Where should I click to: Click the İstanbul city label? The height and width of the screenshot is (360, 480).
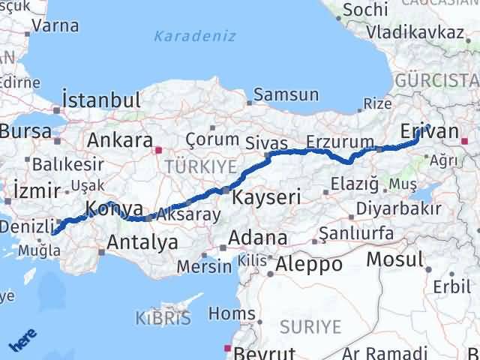102,100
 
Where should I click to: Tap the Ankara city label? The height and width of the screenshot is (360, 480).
120,140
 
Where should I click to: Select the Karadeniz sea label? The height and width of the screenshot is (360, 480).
194,36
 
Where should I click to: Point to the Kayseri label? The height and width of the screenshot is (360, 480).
266,198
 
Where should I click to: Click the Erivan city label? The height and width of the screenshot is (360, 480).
429,131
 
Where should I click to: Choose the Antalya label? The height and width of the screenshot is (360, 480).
142,241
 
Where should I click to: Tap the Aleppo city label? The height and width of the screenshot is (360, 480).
309,264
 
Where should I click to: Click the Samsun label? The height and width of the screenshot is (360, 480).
286,95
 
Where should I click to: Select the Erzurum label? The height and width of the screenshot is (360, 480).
340,142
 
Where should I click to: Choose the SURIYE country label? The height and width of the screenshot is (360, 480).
310,326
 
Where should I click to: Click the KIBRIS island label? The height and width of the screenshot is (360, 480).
163,317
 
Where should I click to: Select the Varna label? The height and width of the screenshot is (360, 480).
56,25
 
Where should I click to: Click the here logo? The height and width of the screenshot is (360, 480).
23,341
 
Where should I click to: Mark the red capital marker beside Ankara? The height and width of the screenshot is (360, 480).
158,149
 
